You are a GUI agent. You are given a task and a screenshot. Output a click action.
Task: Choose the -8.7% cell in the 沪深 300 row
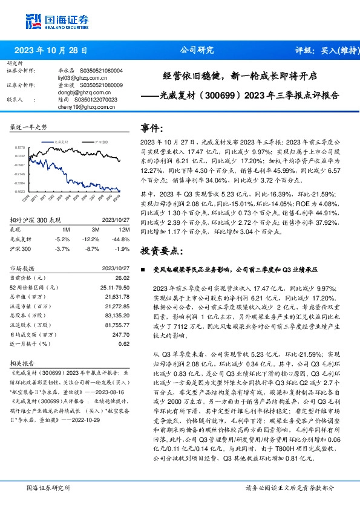pyautogui.click(x=94, y=248)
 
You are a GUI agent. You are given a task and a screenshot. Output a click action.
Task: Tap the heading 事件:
pyautogui.click(x=152, y=129)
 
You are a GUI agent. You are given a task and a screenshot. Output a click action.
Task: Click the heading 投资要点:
pyautogui.click(x=160, y=251)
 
